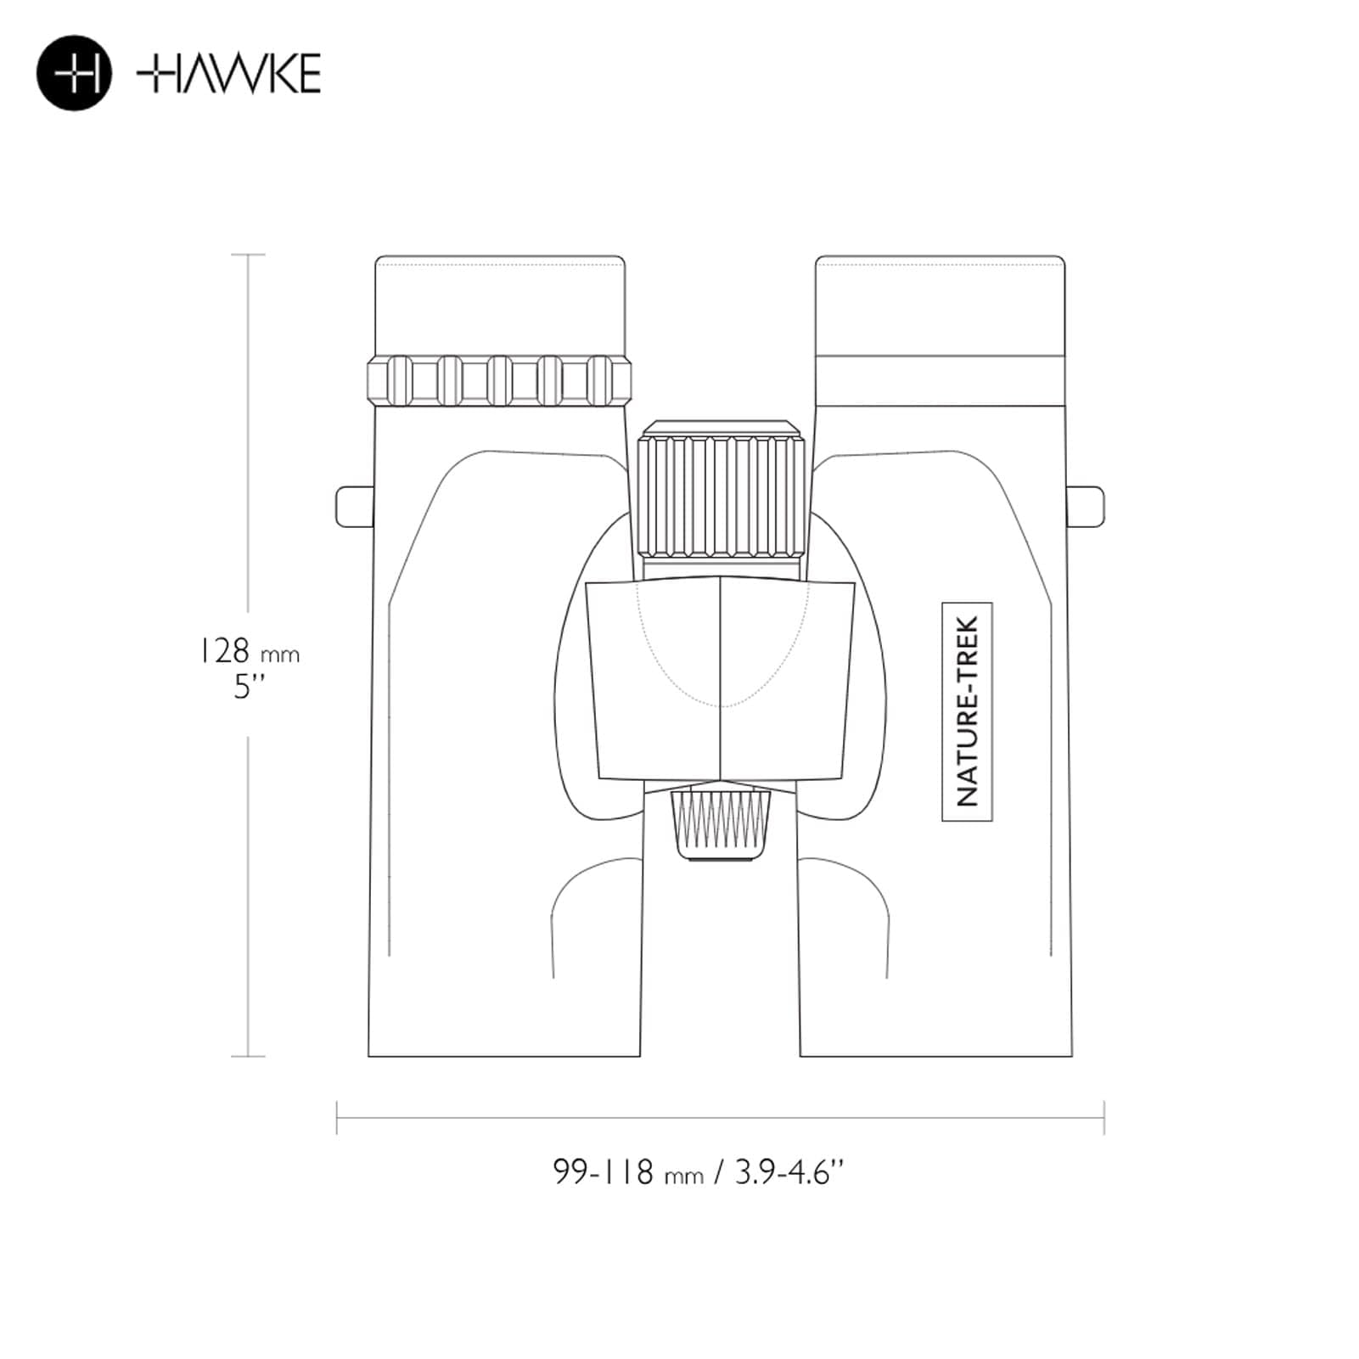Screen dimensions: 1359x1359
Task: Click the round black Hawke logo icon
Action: point(74,73)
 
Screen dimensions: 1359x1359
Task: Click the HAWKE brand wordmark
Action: point(228,73)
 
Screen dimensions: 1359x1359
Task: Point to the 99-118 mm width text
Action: point(628,1172)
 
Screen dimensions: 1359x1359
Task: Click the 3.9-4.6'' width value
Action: point(789,1172)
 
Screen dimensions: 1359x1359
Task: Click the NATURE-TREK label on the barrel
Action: point(967,711)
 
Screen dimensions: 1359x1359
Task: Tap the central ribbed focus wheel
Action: point(721,497)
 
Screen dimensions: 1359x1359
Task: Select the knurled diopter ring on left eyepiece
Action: point(499,379)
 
